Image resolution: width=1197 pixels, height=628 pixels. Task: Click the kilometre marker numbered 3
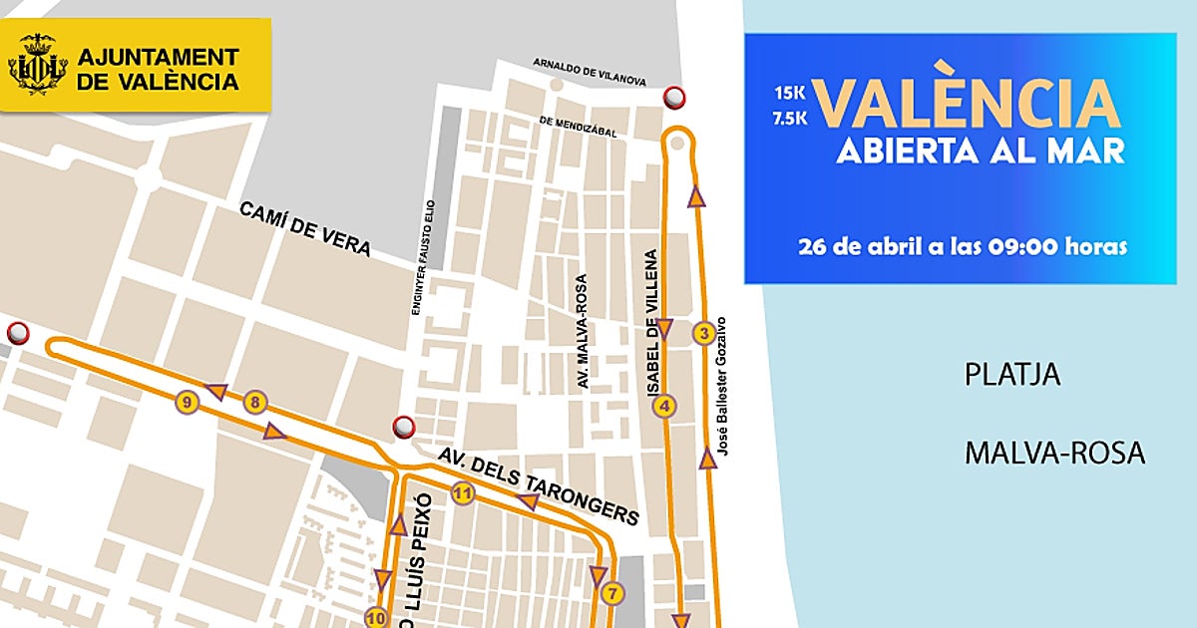coord(704,333)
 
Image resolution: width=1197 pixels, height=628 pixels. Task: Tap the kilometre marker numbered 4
coord(664,406)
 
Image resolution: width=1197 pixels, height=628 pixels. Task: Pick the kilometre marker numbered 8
coord(256,403)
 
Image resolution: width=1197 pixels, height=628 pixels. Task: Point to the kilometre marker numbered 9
coord(186,403)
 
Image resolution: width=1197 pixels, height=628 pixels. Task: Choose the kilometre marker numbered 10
coord(376,617)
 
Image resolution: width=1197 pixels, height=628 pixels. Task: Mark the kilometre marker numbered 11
coord(462,492)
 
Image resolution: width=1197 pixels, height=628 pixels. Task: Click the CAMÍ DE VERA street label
coord(305,228)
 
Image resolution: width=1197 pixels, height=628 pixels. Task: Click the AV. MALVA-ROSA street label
coord(583,331)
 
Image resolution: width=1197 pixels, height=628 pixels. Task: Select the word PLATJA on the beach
coord(1011,375)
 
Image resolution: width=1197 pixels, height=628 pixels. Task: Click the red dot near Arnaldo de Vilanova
coord(675,97)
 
